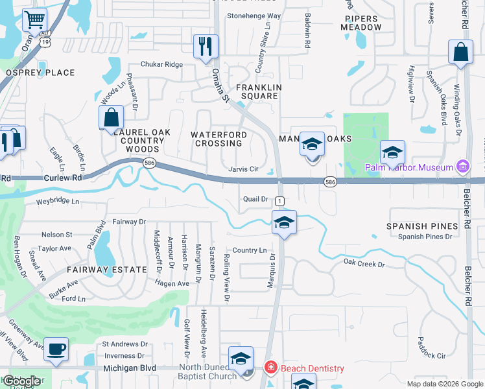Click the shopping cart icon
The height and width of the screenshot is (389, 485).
tap(34, 19)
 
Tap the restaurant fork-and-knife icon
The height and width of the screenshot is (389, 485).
tap(206, 46)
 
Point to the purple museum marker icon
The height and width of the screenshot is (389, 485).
tap(462, 167)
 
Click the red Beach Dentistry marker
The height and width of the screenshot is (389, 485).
tap(270, 368)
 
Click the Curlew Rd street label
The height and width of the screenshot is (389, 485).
tap(63, 177)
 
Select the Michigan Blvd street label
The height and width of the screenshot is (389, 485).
tap(130, 368)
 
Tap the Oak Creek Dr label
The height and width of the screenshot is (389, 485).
tap(364, 264)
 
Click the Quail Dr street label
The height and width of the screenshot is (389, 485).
tap(256, 199)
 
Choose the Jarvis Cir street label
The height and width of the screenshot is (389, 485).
tap(243, 169)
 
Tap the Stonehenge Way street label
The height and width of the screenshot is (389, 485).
tap(254, 16)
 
